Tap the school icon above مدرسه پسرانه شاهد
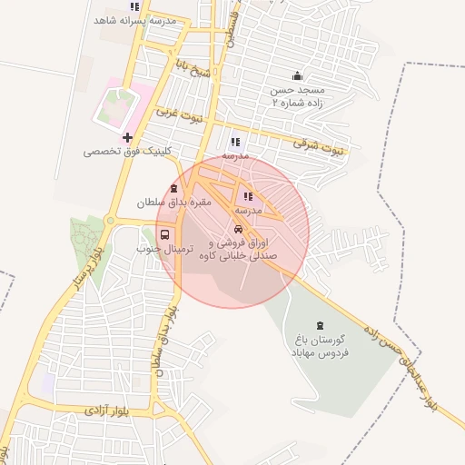[x=134, y=6]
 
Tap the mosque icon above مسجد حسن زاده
[x=297, y=76]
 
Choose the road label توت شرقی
[x=318, y=145]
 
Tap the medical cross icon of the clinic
[x=127, y=138]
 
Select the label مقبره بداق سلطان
[x=173, y=203]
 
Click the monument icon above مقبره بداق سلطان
[x=173, y=188]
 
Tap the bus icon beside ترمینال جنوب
[x=164, y=234]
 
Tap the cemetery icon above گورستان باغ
[x=319, y=326]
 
